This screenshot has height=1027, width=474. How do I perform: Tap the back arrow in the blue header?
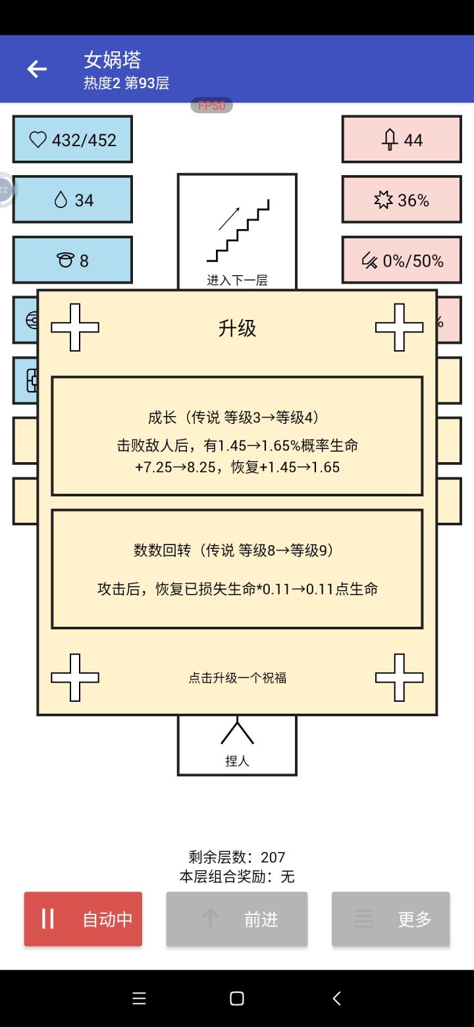pos(37,69)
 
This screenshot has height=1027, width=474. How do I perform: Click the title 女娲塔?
pos(113,60)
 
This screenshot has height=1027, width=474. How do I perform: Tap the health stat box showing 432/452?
pos(72,140)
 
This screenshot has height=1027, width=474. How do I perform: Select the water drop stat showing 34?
pos(72,200)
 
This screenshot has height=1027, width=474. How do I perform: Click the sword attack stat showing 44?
pos(402,140)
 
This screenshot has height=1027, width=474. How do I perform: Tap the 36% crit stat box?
pos(402,200)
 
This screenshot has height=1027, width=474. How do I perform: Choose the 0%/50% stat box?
pos(402,261)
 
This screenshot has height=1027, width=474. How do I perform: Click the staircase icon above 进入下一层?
pos(238,230)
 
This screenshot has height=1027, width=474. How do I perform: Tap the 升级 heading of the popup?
pos(237,329)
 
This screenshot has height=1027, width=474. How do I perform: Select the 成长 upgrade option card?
pos(237,436)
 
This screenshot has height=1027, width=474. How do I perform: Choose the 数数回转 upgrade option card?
pos(237,569)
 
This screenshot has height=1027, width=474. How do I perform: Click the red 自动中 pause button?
pos(83,919)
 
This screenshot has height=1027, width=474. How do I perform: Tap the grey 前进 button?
pos(237,919)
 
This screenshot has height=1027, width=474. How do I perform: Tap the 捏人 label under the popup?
pos(237,761)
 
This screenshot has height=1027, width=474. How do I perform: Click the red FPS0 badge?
pos(212,105)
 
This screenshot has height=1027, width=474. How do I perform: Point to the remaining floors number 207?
pos(273,857)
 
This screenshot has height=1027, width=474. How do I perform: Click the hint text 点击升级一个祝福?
pos(238,677)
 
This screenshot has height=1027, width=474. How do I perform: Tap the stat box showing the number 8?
pos(72,261)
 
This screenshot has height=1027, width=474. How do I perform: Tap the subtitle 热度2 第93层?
pos(126,83)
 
